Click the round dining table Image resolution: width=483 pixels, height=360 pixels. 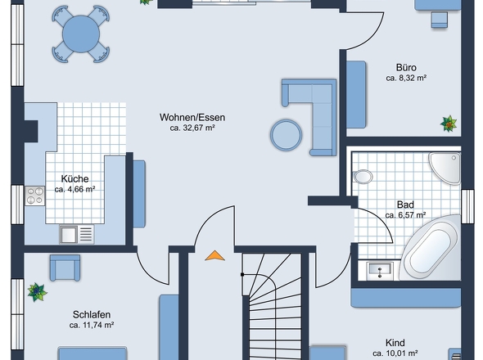(79, 33)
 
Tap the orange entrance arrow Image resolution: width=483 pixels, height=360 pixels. (214, 255)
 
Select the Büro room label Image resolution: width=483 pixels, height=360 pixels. (406, 68)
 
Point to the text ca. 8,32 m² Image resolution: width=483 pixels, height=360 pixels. (406, 79)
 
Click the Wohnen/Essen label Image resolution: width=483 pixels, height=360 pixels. (192, 117)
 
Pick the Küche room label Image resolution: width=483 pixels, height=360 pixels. (74, 178)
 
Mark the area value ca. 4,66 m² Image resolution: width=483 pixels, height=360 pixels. (74, 190)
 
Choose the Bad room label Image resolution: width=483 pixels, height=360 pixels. (405, 205)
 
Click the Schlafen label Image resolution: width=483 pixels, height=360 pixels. (91, 314)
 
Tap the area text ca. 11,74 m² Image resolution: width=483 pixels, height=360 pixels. (91, 326)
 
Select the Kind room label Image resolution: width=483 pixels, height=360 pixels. (395, 343)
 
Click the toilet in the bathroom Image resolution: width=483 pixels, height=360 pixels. (363, 174)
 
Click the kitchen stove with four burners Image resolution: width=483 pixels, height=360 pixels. (35, 196)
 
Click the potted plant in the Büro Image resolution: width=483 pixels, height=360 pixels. (448, 124)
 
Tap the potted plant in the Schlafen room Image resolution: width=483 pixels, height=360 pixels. (36, 290)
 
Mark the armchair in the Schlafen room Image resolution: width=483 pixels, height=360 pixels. (65, 267)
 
